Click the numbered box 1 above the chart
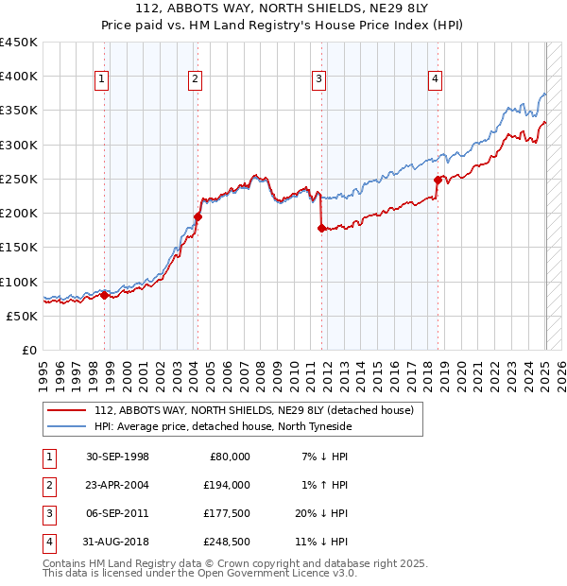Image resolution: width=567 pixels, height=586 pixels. pyautogui.click(x=100, y=79)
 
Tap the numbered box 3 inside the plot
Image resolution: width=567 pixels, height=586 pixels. pyautogui.click(x=319, y=79)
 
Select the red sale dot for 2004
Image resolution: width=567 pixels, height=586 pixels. pyautogui.click(x=198, y=216)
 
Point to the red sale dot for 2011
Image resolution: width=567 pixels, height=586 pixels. pyautogui.click(x=322, y=228)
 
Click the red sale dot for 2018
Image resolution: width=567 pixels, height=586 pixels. pyautogui.click(x=438, y=180)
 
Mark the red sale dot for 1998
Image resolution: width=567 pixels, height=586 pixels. pyautogui.click(x=105, y=295)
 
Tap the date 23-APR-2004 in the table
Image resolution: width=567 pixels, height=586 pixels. pyautogui.click(x=117, y=485)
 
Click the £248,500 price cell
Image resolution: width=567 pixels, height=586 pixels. pyautogui.click(x=226, y=542)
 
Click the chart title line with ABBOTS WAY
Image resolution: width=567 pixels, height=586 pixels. pyautogui.click(x=283, y=9)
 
